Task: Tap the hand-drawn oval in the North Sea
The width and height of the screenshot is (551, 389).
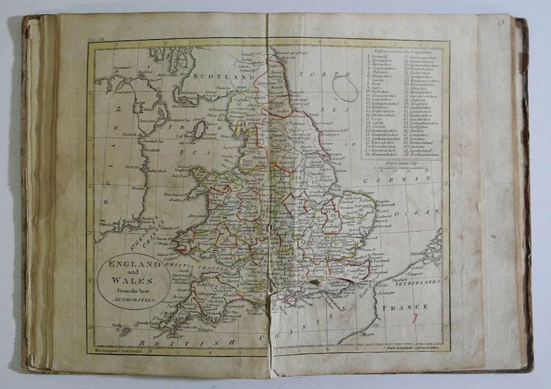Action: coord(345,89)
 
